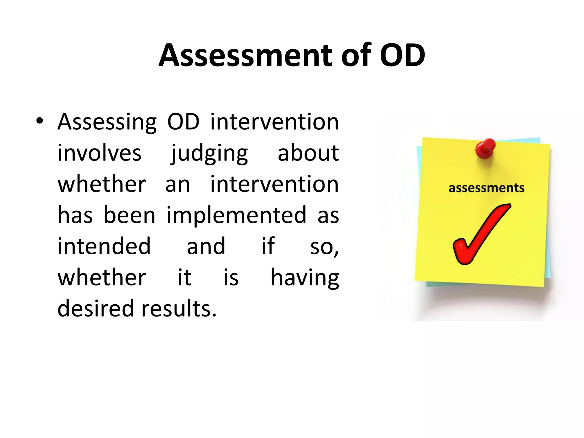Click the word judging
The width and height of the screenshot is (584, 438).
pos(209,154)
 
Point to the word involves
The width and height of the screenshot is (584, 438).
pos(99,153)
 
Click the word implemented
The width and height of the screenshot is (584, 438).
pos(236,216)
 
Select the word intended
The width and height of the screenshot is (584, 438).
pos(104,246)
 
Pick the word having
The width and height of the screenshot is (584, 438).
pos(305,278)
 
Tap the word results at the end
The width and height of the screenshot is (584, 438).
pos(179,309)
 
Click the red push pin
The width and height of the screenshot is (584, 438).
pos(485,148)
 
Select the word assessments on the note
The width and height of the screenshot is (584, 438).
pos(486,188)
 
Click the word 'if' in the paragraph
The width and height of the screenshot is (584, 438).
pos(268,246)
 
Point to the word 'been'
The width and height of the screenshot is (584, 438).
pos(129,216)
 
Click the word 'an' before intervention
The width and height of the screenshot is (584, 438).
pos(177,185)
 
